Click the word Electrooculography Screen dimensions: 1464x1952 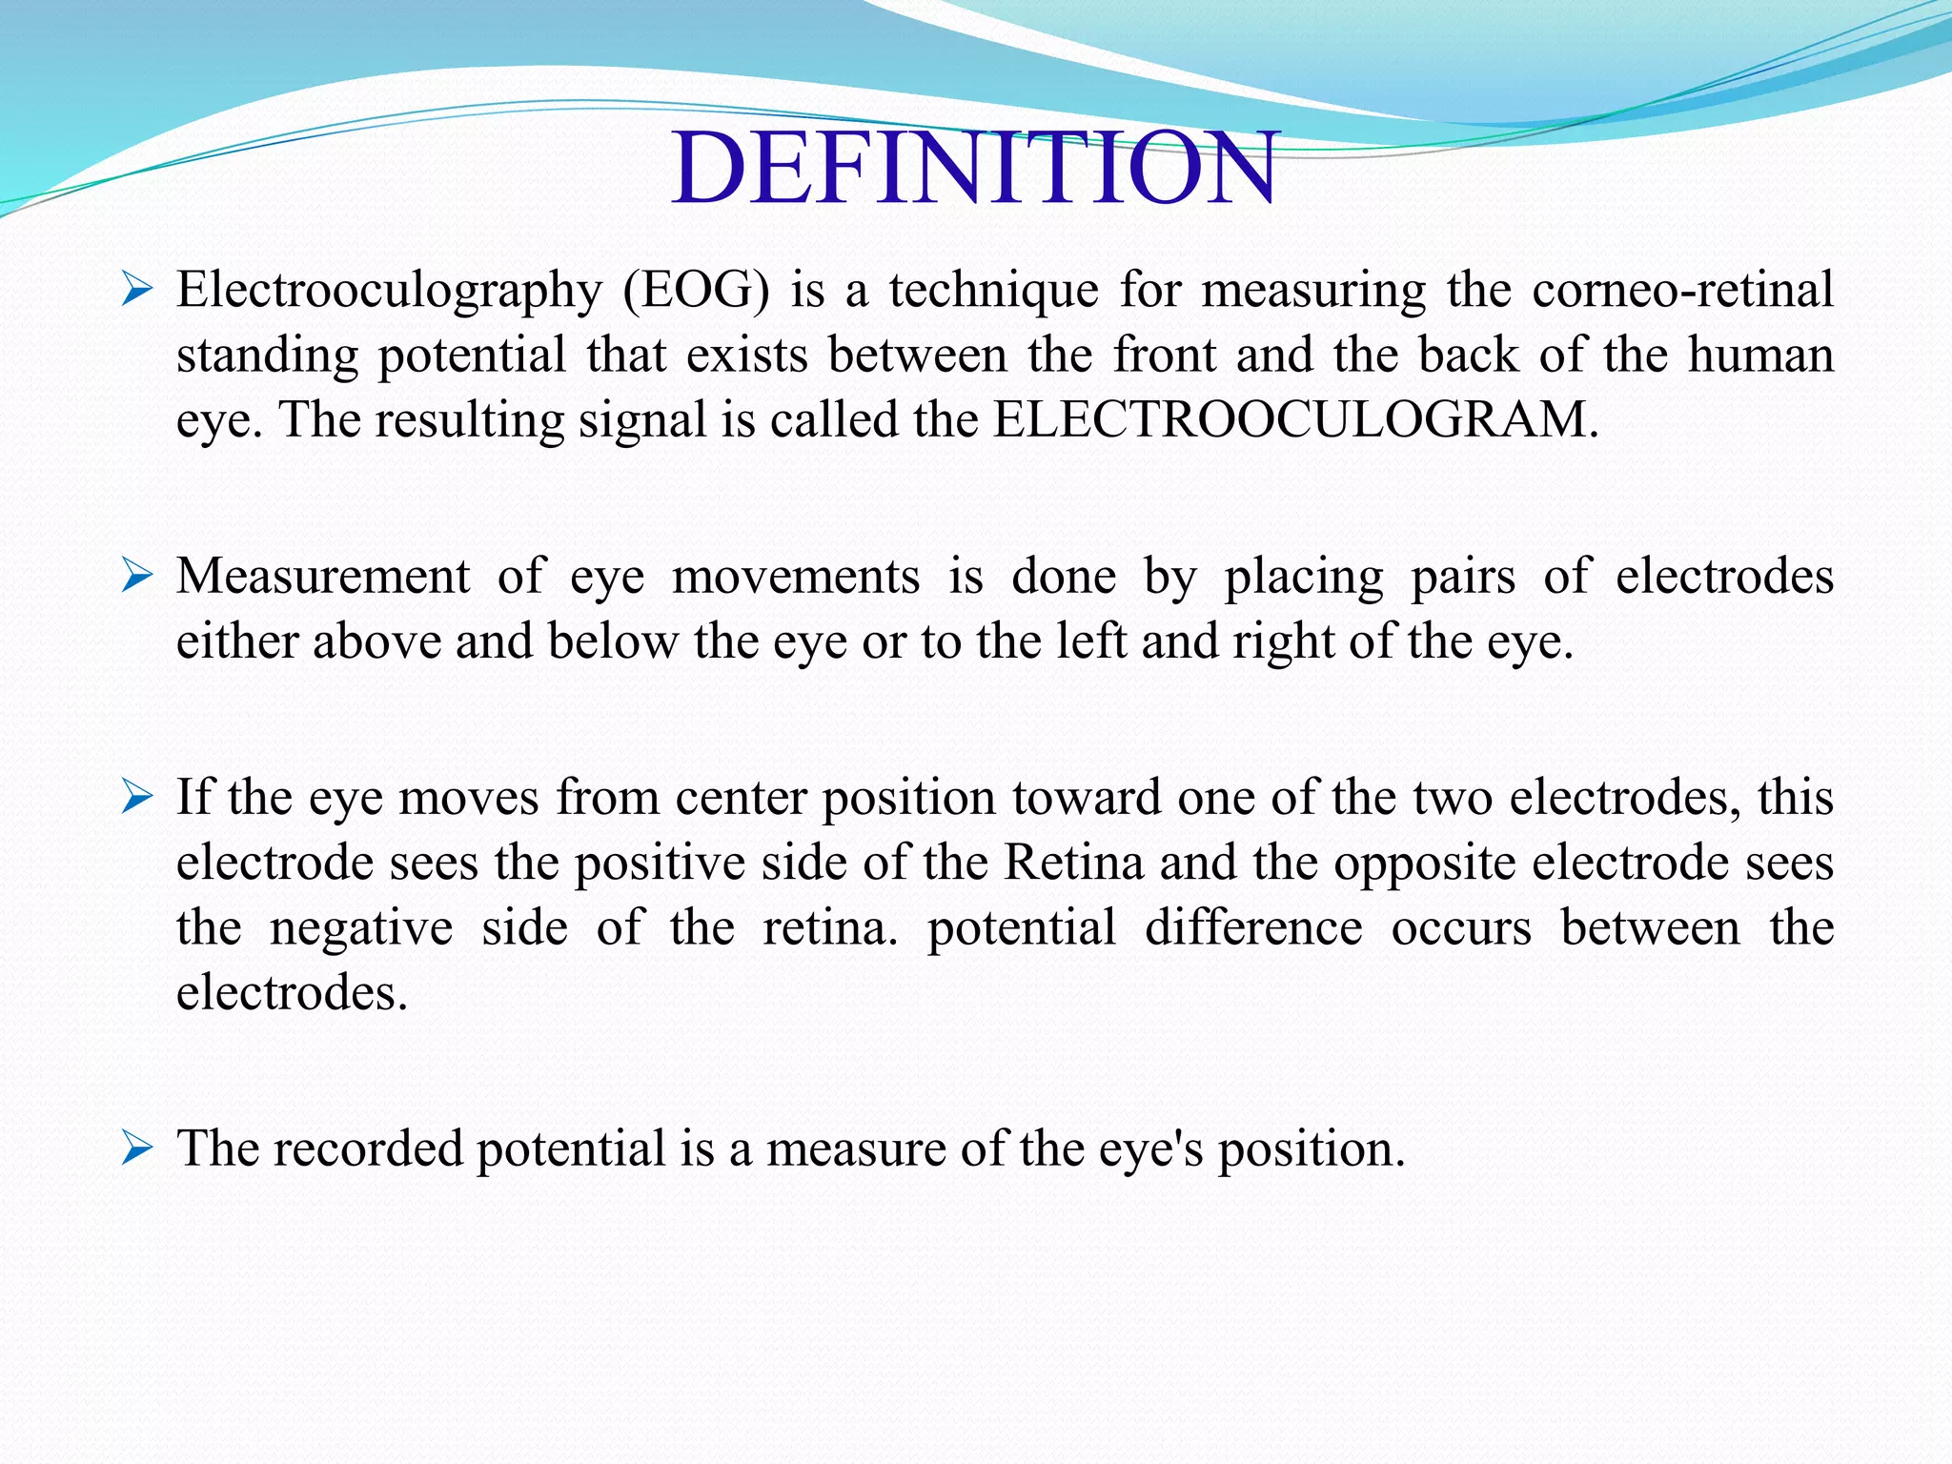tap(389, 290)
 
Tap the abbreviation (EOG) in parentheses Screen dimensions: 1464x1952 tap(696, 290)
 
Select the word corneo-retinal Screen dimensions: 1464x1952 tap(1682, 290)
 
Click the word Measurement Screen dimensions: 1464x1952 tap(323, 577)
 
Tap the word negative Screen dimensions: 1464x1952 tap(361, 928)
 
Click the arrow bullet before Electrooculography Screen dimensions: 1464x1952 tap(137, 289)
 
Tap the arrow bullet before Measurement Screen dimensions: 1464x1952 tap(137, 576)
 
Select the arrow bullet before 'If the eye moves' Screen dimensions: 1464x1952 tap(137, 797)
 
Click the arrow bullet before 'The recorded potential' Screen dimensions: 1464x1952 tap(137, 1149)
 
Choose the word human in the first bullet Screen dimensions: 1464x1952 tap(1760, 355)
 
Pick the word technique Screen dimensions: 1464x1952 tap(994, 290)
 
